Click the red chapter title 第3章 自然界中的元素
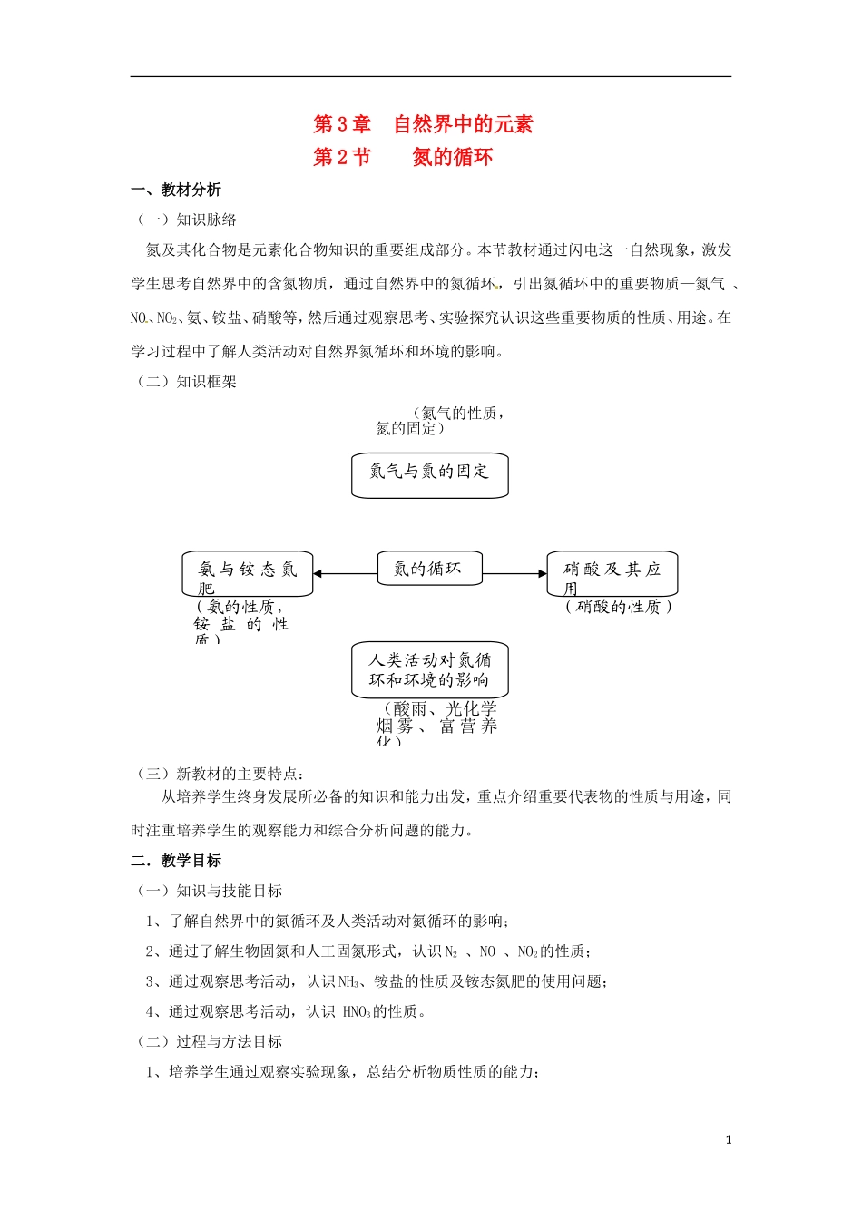423,124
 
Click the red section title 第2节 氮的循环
403,157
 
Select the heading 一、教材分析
176,190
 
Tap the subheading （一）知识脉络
186,219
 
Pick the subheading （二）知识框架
186,382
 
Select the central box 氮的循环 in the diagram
429,569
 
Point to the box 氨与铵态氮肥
248,574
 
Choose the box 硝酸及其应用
612,573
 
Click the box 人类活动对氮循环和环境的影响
429,670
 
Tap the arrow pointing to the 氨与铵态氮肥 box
345,573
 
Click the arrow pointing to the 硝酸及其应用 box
514,573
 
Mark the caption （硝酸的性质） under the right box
618,607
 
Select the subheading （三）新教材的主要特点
220,774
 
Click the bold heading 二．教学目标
176,861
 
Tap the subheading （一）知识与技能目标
209,892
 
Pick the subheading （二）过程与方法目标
209,1042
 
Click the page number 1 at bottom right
729,1140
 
